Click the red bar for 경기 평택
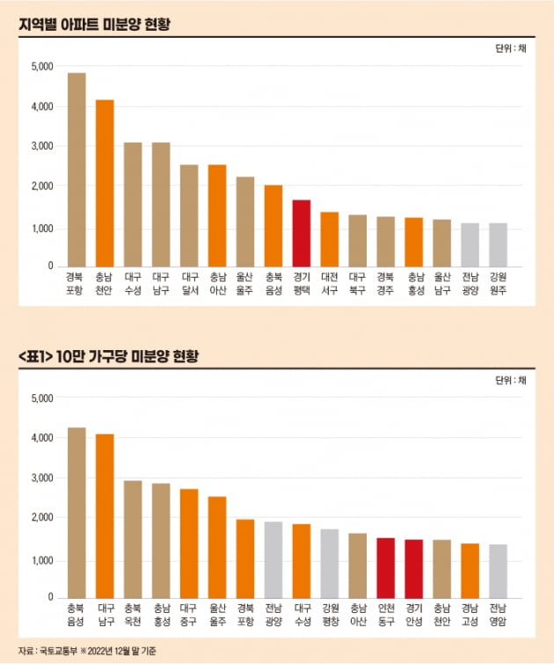301,233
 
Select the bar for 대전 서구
329,239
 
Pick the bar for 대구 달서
189,215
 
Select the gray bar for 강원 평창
329,563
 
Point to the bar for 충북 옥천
133,539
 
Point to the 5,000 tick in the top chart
41,67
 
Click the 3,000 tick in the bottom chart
41,478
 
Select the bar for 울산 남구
441,243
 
